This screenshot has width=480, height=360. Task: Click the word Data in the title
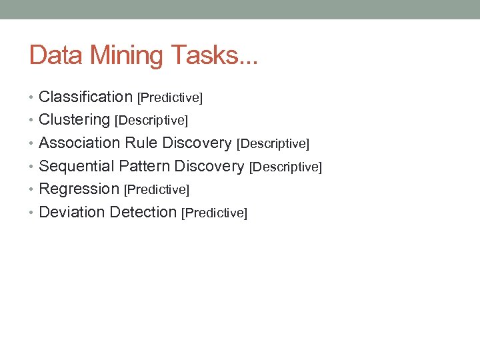pos(55,55)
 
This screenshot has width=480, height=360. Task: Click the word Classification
pos(86,97)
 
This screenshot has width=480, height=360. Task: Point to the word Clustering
pos(75,120)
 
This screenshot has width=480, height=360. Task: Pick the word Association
pos(79,143)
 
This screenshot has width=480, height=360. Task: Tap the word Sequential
pos(77,166)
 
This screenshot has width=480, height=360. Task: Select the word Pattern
pos(143,166)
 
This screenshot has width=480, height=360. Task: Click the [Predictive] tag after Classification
pos(170,98)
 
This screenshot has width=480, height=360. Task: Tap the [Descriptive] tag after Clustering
pos(151,121)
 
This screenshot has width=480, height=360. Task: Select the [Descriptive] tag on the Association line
pos(273,144)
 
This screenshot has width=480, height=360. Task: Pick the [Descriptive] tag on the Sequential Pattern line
pos(285,167)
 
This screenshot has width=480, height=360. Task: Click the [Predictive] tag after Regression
pos(157,190)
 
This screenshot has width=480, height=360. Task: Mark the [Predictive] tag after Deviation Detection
pos(215,213)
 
